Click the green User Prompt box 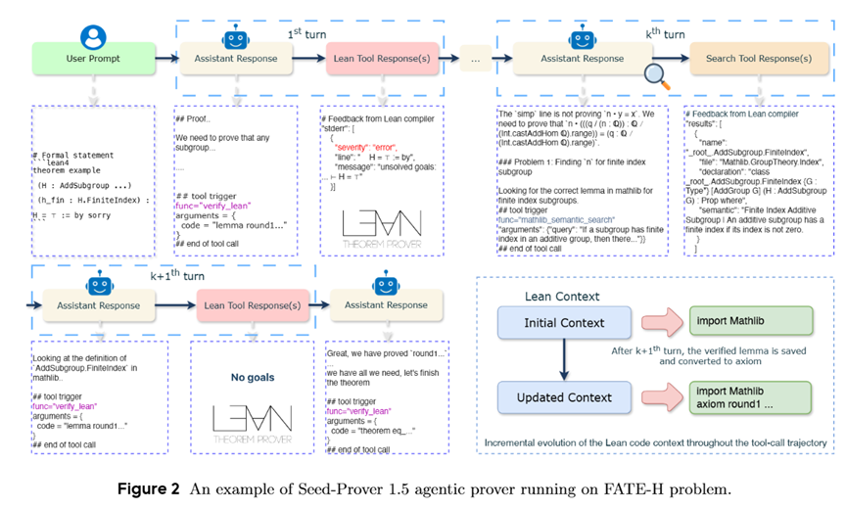[92, 59]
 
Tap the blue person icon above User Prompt [93, 37]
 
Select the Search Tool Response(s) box [751, 59]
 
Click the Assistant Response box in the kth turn [569, 59]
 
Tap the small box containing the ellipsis [475, 59]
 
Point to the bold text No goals [253, 375]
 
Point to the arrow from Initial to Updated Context [562, 361]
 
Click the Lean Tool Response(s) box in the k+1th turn [254, 305]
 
